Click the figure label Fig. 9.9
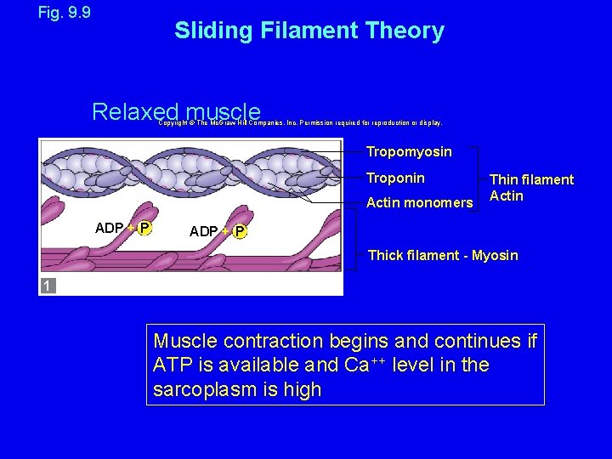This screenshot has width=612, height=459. pyautogui.click(x=65, y=13)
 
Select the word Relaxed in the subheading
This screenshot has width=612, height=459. pyautogui.click(x=135, y=112)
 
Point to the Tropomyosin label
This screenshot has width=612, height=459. pyautogui.click(x=409, y=152)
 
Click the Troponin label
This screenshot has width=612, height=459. pyautogui.click(x=395, y=178)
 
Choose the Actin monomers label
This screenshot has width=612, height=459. pyautogui.click(x=419, y=202)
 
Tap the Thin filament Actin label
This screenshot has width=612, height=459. pyautogui.click(x=531, y=188)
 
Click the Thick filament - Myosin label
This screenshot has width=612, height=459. pyautogui.click(x=442, y=255)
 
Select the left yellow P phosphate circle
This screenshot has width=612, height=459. pyautogui.click(x=145, y=228)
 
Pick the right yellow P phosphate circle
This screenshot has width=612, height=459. pyautogui.click(x=240, y=232)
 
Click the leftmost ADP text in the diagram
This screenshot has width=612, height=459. pyautogui.click(x=110, y=228)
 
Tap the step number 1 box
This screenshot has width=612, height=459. pyautogui.click(x=48, y=286)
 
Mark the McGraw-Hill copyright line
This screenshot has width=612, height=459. pyautogui.click(x=300, y=122)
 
